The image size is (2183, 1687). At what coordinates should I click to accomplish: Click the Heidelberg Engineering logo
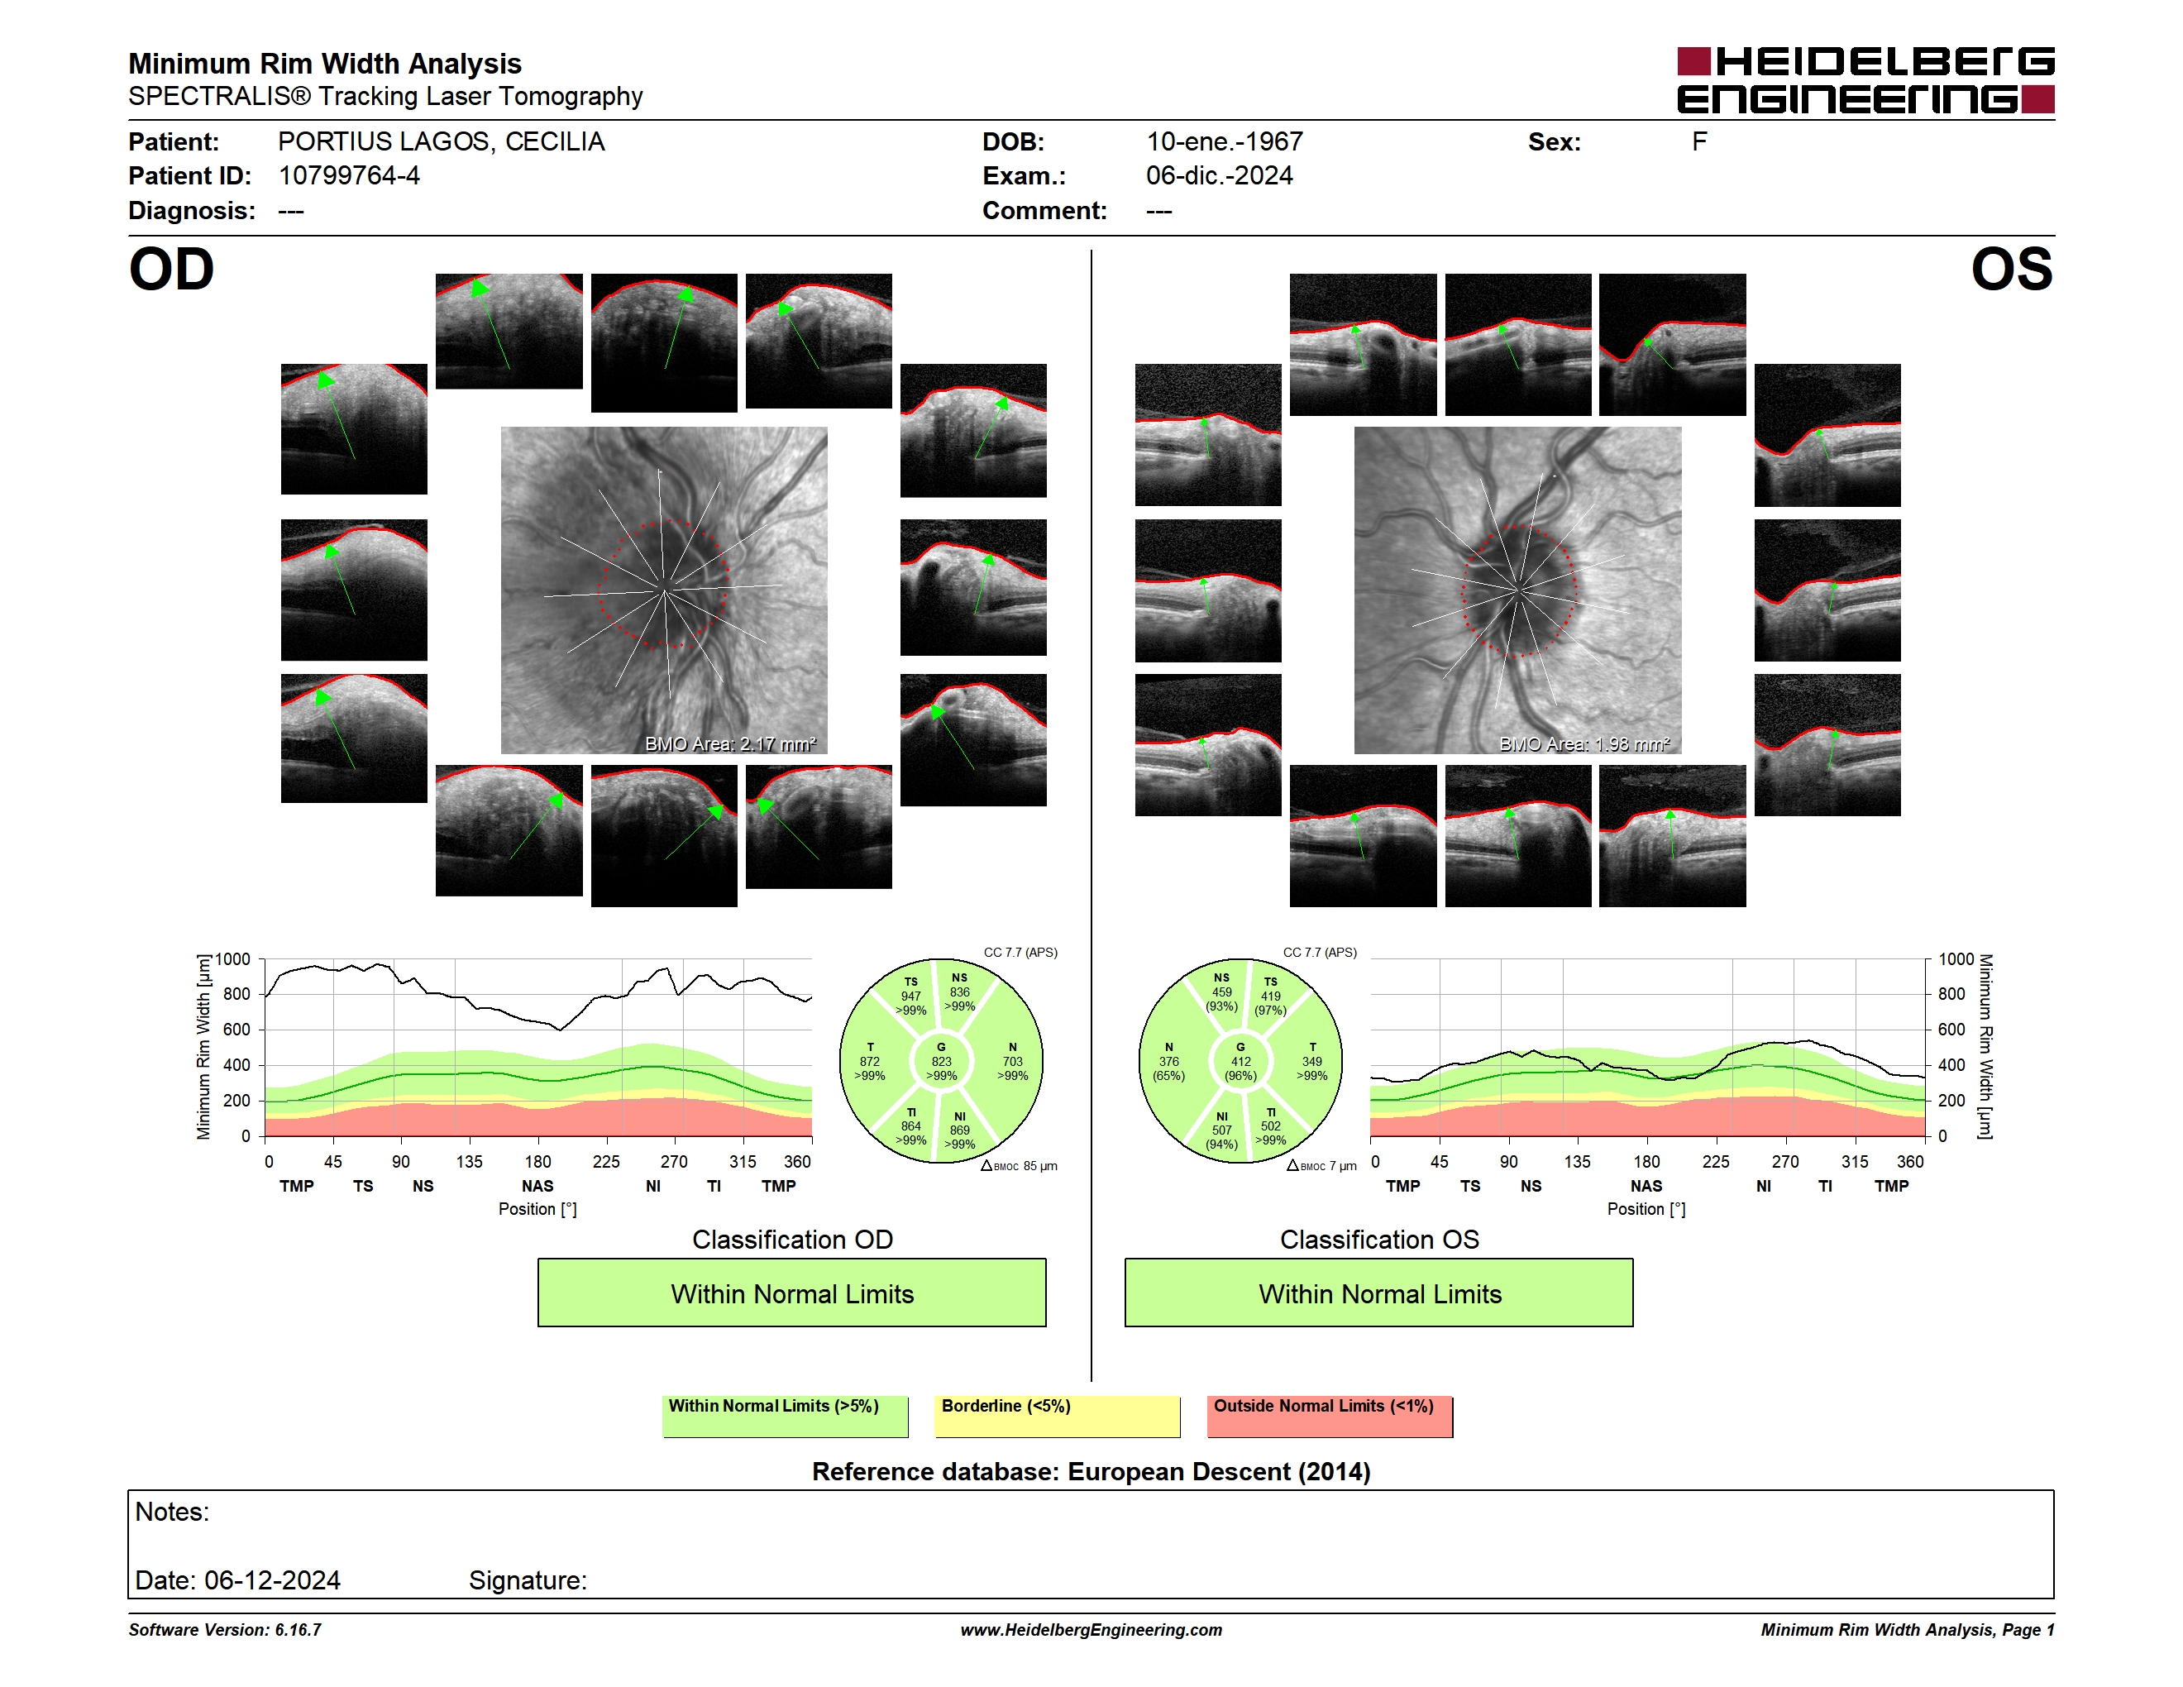[1865, 80]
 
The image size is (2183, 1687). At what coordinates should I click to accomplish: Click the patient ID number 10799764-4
[349, 176]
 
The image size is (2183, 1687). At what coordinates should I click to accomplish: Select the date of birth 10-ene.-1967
[1225, 142]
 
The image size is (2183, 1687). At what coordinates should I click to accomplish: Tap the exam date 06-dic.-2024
[1220, 176]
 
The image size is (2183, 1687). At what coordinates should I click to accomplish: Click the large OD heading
[172, 270]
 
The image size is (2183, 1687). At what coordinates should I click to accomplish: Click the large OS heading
[2012, 270]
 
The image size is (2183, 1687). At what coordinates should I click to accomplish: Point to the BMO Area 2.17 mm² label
[731, 743]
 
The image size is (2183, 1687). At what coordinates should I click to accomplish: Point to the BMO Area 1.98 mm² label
[1584, 743]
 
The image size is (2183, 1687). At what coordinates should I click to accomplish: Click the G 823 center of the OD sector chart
[940, 1061]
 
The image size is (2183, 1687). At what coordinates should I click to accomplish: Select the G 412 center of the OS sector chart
[1240, 1061]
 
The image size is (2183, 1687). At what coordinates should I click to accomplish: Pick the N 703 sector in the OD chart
[1013, 1061]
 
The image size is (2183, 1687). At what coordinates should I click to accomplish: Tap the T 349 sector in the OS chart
[1312, 1061]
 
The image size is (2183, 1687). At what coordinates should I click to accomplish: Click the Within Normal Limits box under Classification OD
[791, 1293]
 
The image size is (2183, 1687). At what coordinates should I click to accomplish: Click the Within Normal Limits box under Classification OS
[1379, 1293]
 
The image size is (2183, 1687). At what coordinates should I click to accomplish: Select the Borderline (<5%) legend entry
[1058, 1416]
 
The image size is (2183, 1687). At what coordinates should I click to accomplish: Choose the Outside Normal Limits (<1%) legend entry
[1330, 1416]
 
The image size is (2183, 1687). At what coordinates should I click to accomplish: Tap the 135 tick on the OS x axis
[1577, 1161]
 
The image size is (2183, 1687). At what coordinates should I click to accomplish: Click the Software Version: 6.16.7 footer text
[225, 1630]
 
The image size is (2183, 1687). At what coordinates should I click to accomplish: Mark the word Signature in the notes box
[528, 1580]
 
